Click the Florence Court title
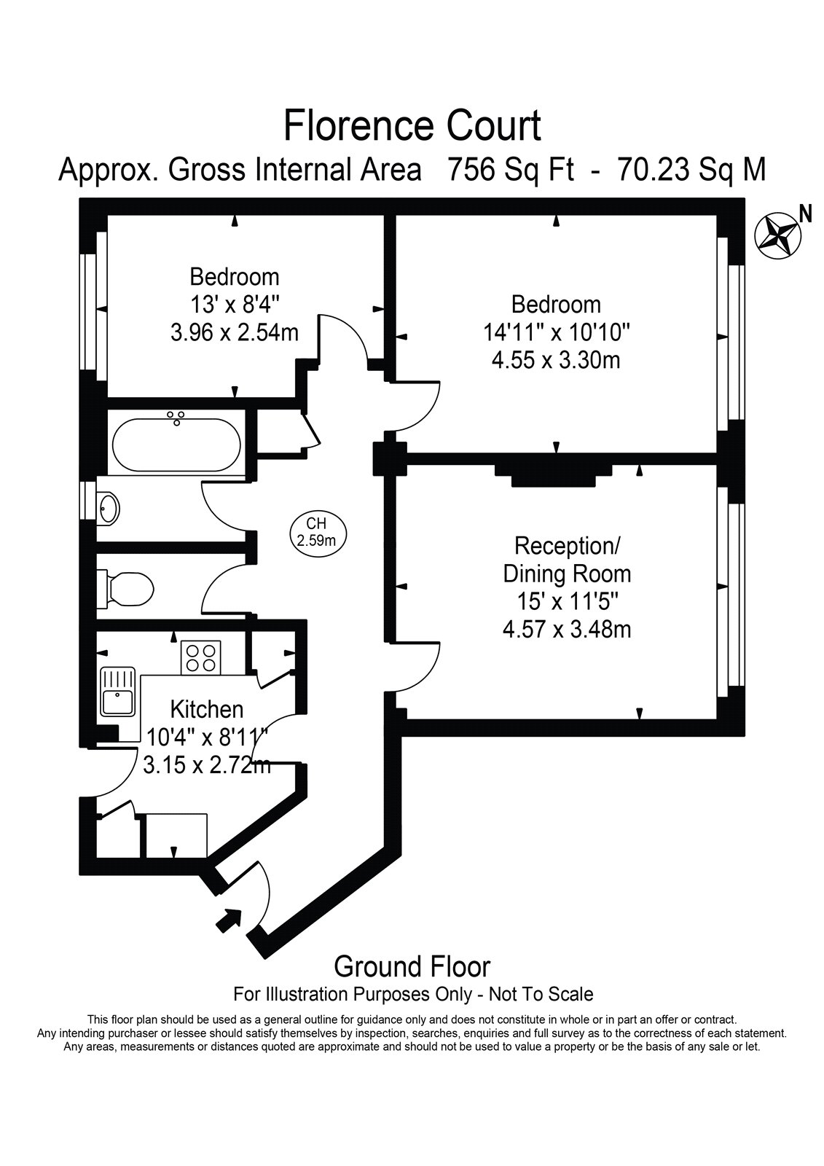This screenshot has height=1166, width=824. tap(412, 126)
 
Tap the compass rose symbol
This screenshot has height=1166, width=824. tap(777, 235)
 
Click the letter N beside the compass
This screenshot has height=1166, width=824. tap(806, 214)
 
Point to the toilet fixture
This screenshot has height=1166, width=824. tap(125, 590)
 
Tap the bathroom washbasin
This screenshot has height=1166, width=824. tap(109, 507)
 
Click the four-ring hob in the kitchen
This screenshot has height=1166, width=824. tap(200, 658)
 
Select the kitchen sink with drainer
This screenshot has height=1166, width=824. tap(118, 692)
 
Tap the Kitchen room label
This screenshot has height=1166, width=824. tap(207, 709)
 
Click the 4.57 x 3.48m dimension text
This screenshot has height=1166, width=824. tap(567, 630)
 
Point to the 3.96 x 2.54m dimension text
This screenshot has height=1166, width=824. tap(235, 332)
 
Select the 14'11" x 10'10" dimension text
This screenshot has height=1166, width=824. tap(557, 332)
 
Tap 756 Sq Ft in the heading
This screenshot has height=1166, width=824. tap(511, 168)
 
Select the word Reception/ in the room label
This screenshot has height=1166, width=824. tap(567, 546)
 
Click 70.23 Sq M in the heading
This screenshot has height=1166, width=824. tap(692, 168)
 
